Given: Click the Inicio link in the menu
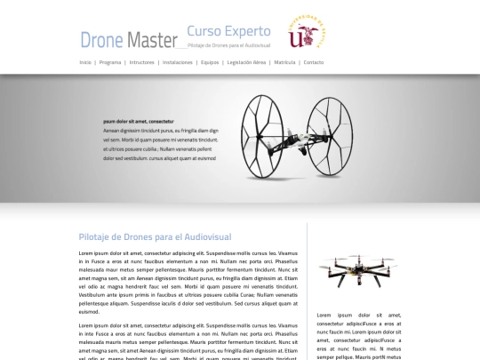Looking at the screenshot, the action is tap(85, 62).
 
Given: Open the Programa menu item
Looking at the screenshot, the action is tap(110, 62).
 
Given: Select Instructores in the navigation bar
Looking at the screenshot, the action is tap(141, 62).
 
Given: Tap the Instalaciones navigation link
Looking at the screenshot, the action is tap(178, 62).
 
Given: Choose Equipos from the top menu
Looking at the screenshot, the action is tap(210, 62).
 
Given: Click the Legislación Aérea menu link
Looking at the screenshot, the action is tap(246, 62).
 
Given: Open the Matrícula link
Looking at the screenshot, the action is tap(284, 62).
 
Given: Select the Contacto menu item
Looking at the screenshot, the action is tap(313, 62).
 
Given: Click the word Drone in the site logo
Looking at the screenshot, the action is tap(100, 39).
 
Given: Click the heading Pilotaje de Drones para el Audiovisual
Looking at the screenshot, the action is tap(155, 237).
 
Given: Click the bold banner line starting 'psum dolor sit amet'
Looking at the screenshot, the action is tap(139, 121).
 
